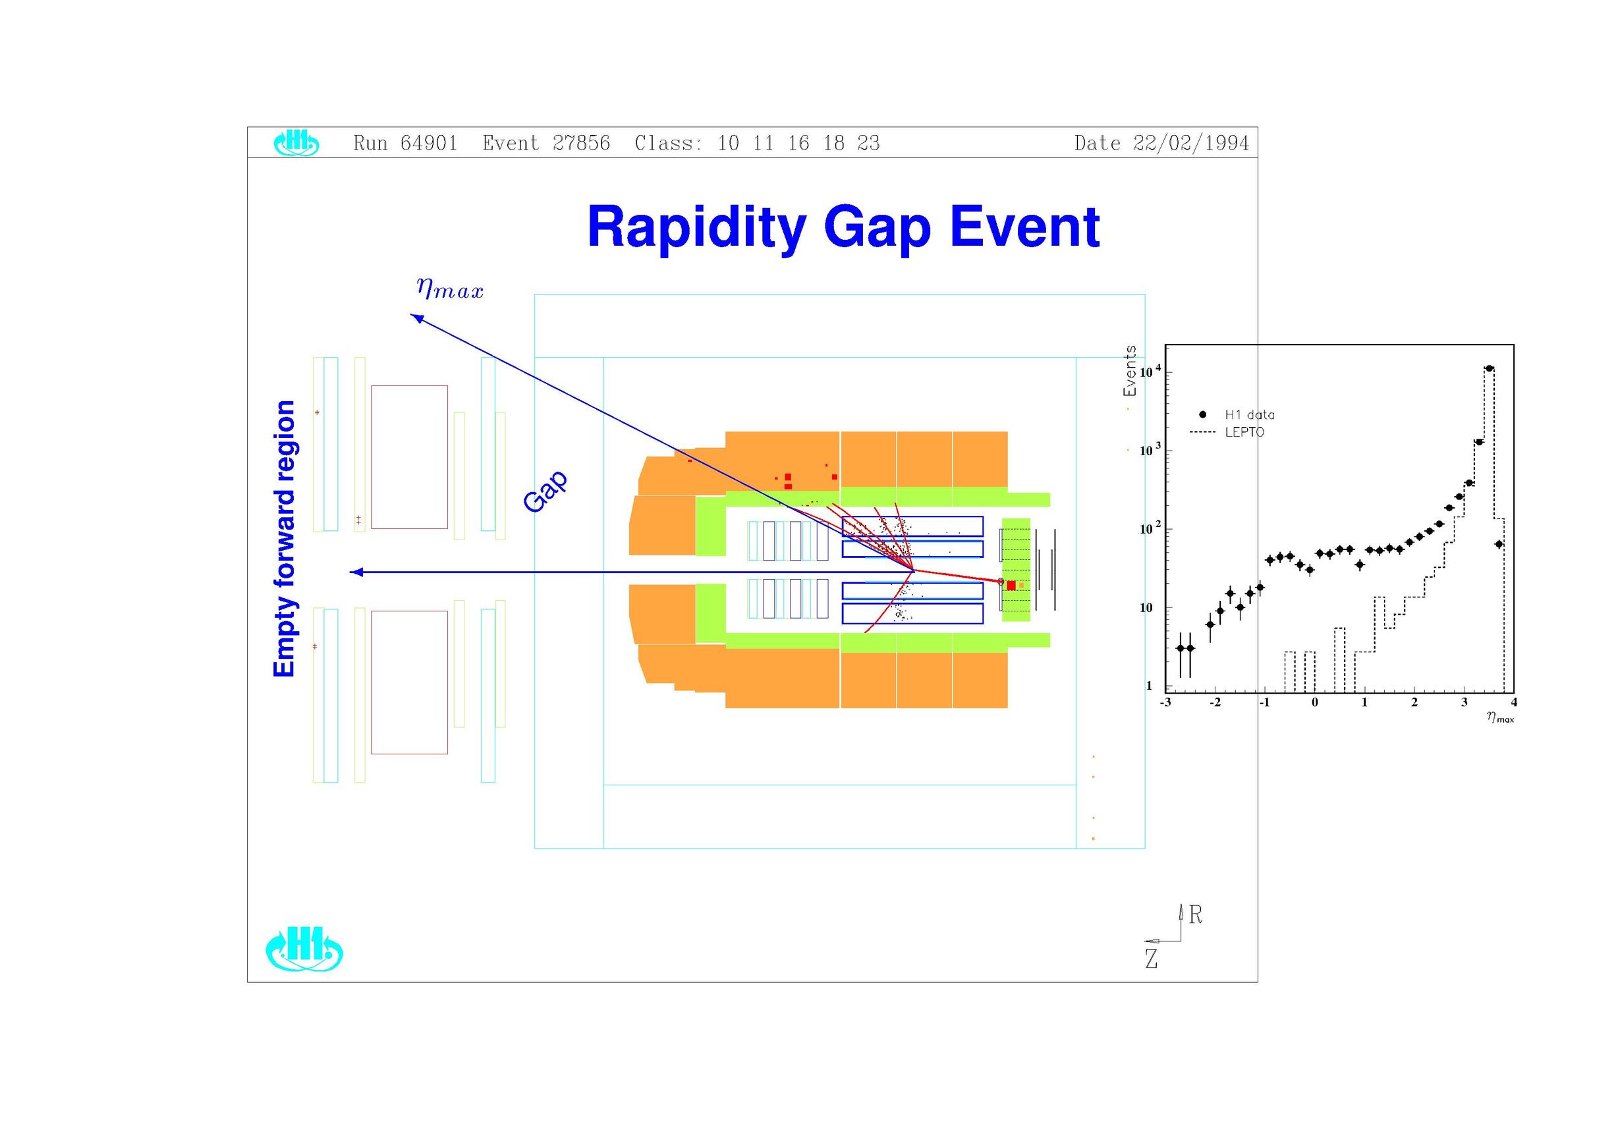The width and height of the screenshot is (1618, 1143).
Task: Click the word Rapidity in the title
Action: pos(696,228)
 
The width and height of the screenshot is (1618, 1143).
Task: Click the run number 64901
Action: pos(429,143)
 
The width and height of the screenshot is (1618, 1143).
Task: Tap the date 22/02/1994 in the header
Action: pos(1191,143)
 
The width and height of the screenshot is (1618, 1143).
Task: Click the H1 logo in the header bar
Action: pos(296,143)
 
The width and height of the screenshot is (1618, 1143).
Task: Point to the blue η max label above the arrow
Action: pos(449,289)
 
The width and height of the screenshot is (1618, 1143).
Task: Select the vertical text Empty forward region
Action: pos(284,538)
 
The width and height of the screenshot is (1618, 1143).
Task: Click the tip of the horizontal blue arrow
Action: pos(351,572)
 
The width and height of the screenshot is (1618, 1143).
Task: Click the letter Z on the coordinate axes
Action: pos(1152,959)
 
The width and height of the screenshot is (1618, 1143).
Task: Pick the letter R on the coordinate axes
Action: pos(1196,914)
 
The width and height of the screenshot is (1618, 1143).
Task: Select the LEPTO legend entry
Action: pos(1227,432)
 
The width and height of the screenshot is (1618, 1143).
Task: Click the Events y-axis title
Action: pos(1130,371)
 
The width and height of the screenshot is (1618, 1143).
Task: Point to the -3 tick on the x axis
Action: pos(1165,702)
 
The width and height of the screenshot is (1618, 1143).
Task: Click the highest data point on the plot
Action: pos(1489,368)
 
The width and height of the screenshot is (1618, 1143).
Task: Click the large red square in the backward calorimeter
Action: pos(1011,586)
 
